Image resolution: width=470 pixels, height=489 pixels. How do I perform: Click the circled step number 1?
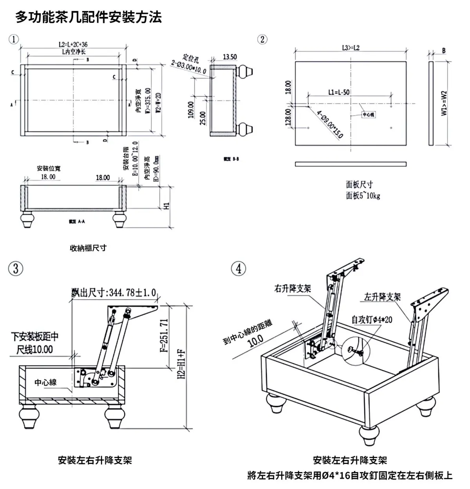click(14, 39)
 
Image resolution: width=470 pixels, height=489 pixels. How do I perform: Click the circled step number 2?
click(262, 39)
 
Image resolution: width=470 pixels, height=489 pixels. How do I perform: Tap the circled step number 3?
click(16, 269)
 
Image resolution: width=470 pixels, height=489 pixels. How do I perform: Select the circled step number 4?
click(239, 269)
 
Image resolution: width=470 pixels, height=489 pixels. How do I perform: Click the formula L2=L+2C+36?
click(73, 45)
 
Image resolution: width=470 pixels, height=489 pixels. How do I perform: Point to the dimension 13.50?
click(230, 57)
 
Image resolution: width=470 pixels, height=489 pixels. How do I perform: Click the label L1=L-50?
click(339, 92)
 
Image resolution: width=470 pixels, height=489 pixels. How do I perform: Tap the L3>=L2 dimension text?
click(351, 48)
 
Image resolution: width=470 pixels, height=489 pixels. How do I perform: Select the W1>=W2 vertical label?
click(444, 103)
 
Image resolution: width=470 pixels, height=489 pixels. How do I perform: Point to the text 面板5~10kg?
click(363, 196)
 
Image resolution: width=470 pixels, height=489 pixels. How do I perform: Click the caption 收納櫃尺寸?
click(88, 248)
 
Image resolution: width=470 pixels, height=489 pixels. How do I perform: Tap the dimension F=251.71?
click(165, 335)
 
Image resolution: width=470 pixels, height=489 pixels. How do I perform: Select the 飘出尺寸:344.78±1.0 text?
click(114, 293)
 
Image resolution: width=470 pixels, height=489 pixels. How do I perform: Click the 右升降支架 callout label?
click(293, 289)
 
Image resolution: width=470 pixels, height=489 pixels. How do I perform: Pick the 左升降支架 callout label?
click(382, 297)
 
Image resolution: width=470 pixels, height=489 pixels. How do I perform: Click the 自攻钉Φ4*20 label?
click(372, 320)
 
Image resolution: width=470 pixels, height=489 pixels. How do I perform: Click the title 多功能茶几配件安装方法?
click(89, 17)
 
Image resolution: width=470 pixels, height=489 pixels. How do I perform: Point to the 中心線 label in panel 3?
click(45, 382)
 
